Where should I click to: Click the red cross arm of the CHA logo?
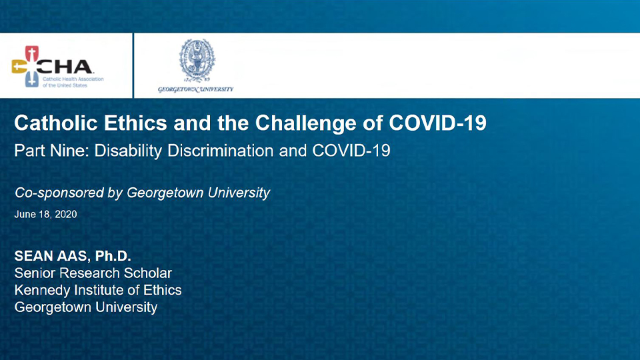[x=32, y=53]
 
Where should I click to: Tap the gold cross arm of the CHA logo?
[x=19, y=67]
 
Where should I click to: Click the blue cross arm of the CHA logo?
[x=32, y=79]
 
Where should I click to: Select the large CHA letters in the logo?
[x=65, y=67]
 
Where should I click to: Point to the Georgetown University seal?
[x=197, y=61]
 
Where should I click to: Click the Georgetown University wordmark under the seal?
[x=196, y=89]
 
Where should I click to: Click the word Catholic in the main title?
[x=56, y=123]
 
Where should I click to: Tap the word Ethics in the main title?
[x=135, y=123]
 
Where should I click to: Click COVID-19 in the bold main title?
[x=437, y=123]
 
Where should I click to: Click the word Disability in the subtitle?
[x=128, y=151]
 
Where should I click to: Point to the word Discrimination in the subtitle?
[x=221, y=151]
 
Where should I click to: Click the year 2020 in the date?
[x=66, y=214]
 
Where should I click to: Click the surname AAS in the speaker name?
[x=71, y=256]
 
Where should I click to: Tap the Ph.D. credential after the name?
[x=113, y=256]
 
